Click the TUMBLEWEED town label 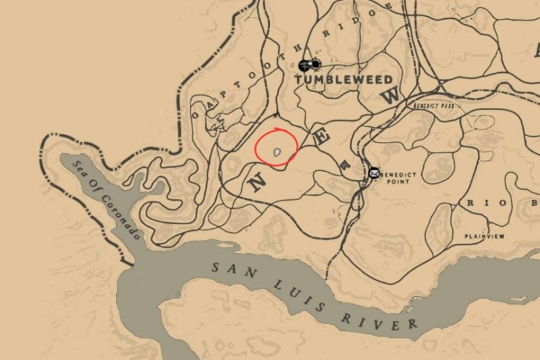tap(344, 80)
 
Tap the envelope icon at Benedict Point tap(374, 172)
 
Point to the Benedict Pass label tap(432, 106)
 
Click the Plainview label tap(484, 236)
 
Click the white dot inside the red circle tap(277, 154)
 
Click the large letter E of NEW tap(324, 138)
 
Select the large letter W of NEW tap(390, 96)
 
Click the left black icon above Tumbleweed tap(304, 65)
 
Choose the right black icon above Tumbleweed tap(315, 65)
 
